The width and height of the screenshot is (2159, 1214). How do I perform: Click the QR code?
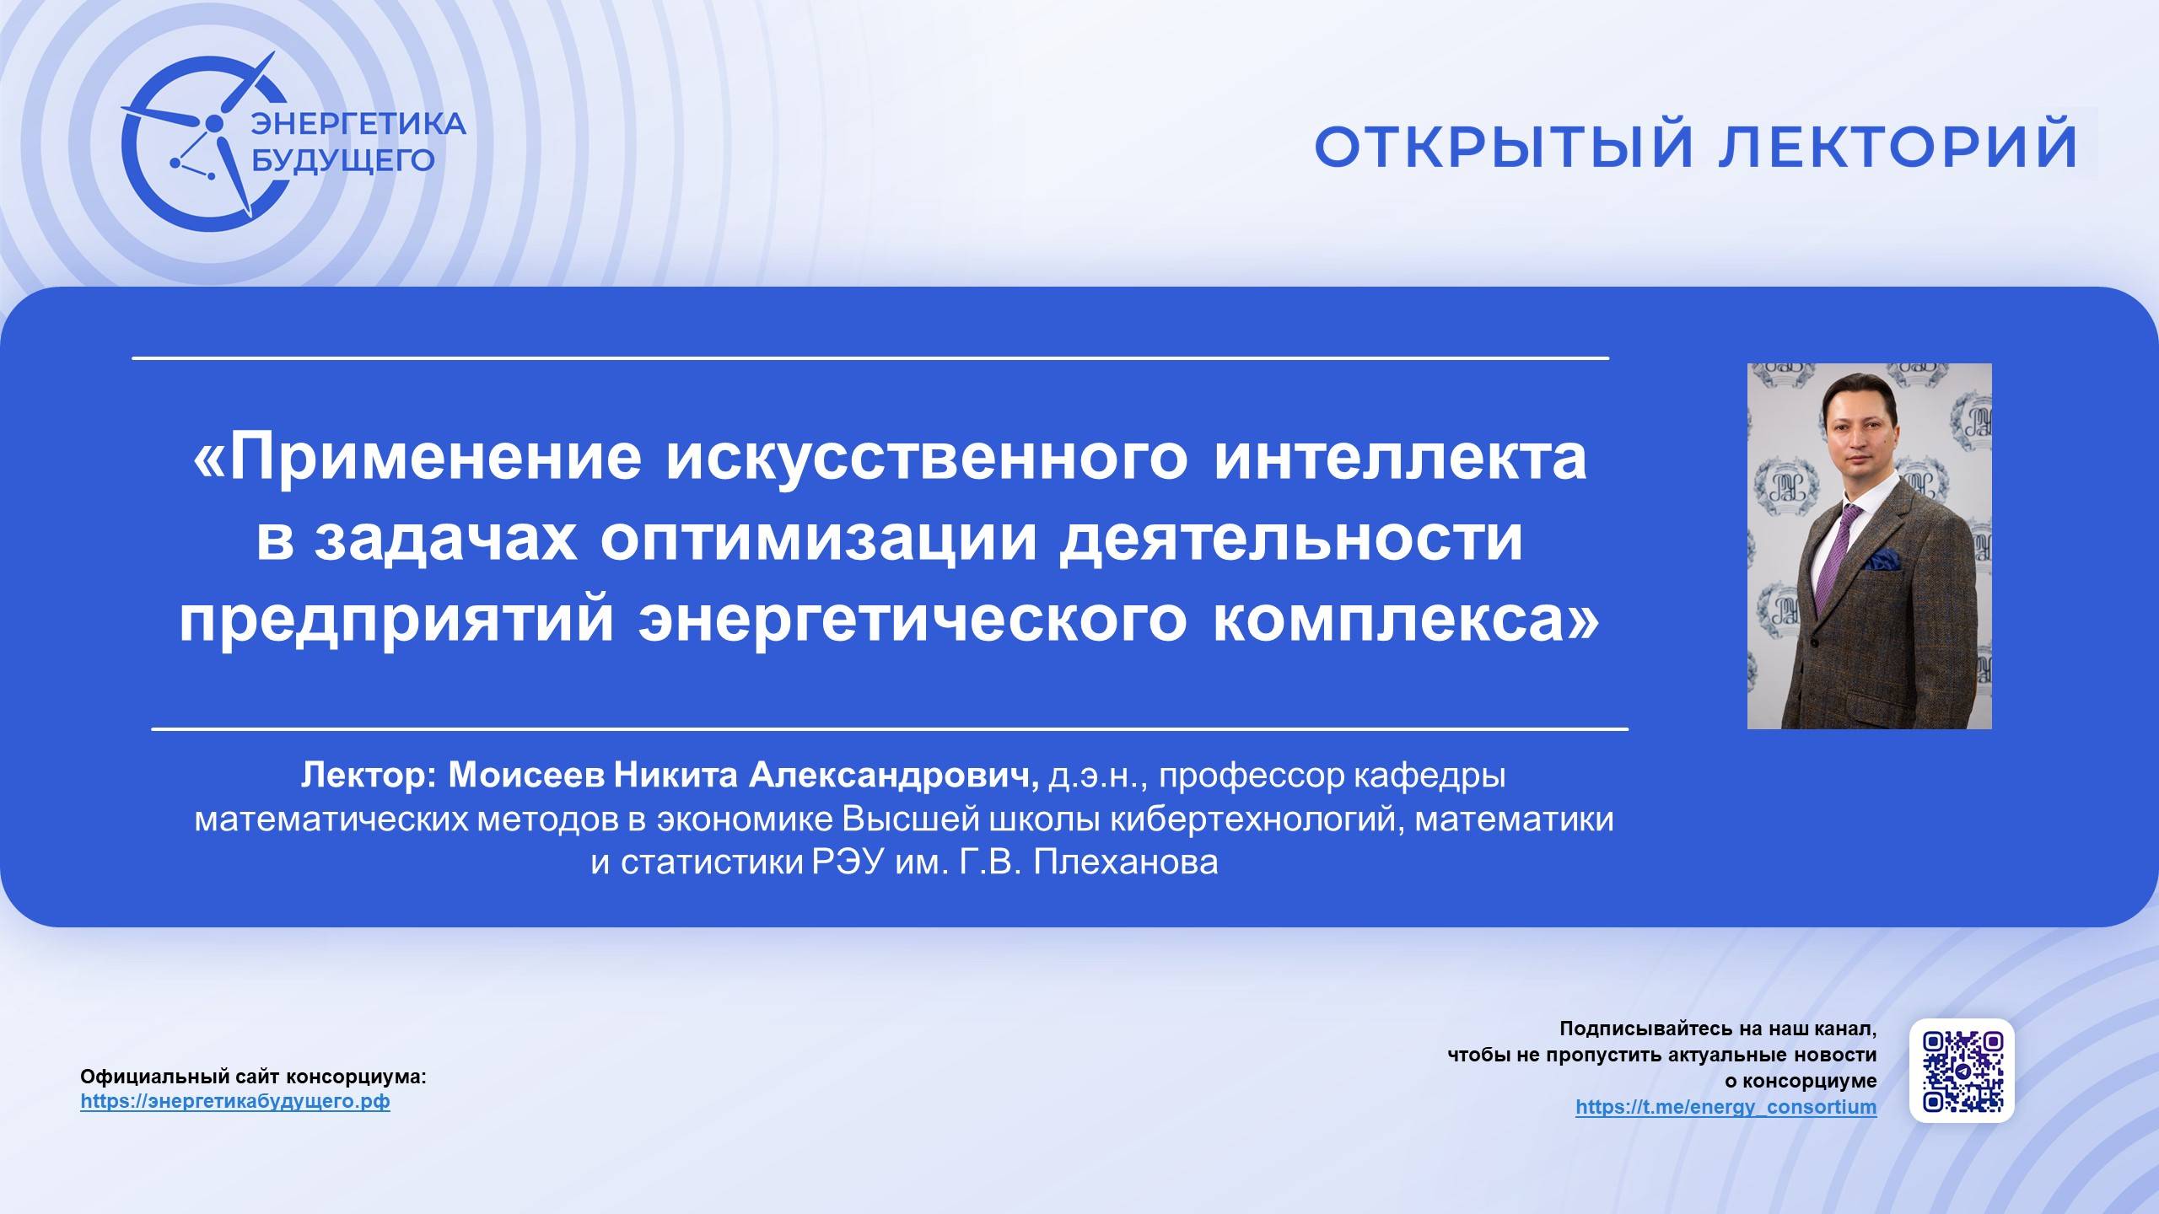1962,1070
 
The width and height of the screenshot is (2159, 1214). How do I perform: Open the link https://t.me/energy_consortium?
1726,1107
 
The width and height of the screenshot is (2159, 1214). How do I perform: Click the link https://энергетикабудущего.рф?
235,1101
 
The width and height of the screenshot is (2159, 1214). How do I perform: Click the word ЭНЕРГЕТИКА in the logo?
359,124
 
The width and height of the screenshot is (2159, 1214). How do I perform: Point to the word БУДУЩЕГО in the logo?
344,158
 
